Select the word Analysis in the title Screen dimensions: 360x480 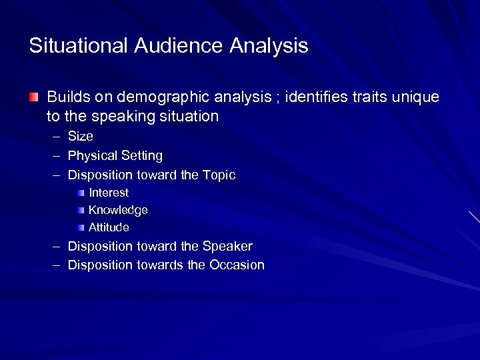click(x=269, y=46)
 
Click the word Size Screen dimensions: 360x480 click(x=81, y=137)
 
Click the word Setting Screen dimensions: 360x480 click(x=141, y=156)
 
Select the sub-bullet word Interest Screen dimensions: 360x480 click(x=109, y=193)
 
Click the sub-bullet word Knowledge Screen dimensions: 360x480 click(x=118, y=210)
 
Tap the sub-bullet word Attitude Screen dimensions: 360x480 click(x=109, y=227)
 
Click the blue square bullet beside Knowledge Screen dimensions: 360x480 click(x=80, y=210)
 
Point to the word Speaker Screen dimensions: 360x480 click(x=227, y=246)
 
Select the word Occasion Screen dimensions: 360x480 click(x=237, y=265)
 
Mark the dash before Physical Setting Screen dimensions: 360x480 click(x=55, y=156)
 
